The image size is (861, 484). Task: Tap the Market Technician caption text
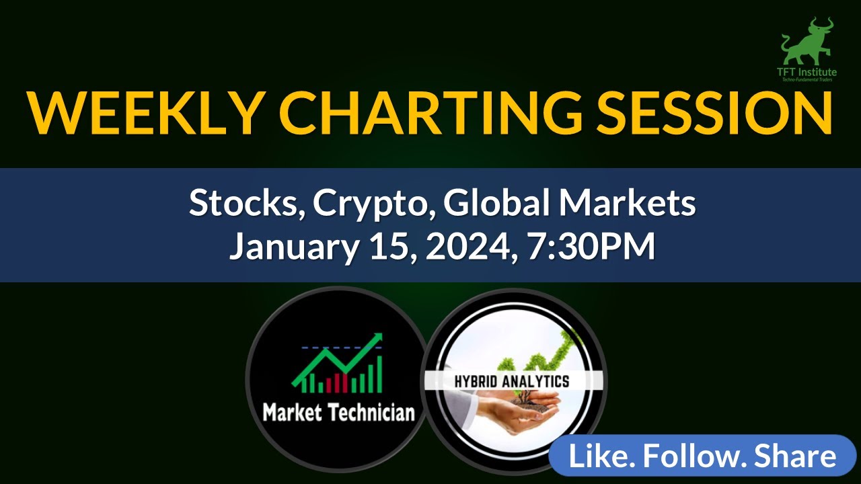(338, 411)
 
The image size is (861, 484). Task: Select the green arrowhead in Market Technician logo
(375, 339)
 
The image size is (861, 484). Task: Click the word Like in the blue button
(599, 456)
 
